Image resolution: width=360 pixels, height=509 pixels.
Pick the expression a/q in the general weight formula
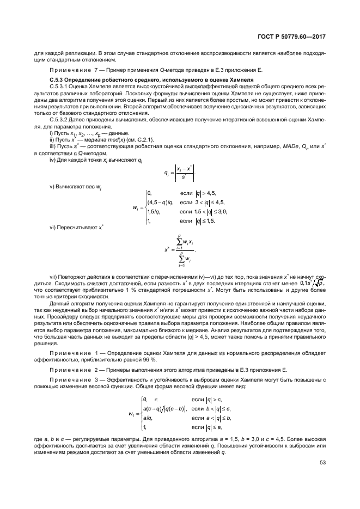coord(148,418)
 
